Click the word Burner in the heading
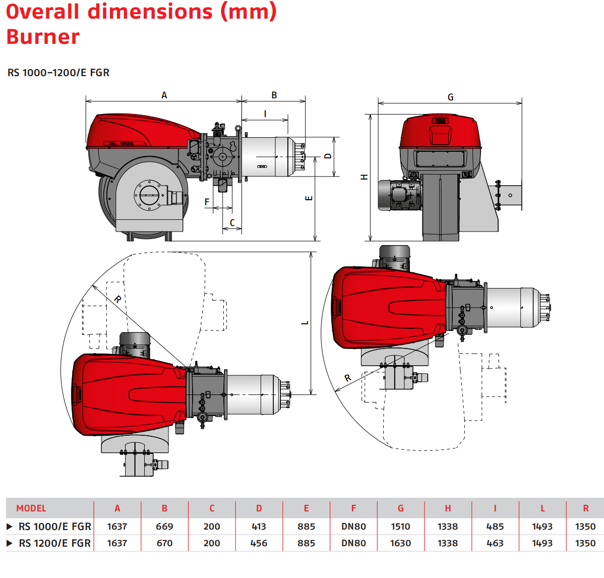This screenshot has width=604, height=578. click(43, 37)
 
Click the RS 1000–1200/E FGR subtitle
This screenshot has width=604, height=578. click(58, 73)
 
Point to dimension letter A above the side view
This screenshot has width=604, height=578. click(164, 95)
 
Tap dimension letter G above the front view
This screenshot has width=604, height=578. click(450, 97)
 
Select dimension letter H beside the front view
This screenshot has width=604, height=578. click(365, 177)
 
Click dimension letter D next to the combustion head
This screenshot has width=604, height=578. click(328, 156)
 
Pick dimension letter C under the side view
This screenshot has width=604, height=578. click(232, 222)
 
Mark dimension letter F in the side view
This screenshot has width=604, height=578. click(207, 202)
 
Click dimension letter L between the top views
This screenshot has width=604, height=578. click(305, 322)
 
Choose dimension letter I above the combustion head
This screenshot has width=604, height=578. click(265, 113)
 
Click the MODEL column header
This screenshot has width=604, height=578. click(31, 508)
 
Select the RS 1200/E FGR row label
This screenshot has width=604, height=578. click(54, 543)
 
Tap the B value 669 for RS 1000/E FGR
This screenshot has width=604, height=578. click(164, 527)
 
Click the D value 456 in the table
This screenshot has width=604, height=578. click(259, 543)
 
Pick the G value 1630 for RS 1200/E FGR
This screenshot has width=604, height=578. click(401, 543)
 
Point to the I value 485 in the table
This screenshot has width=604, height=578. click(495, 527)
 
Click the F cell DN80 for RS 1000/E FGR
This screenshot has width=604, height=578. click(353, 527)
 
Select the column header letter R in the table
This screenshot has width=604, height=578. click(585, 508)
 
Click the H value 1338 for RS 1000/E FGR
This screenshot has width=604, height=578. click(448, 527)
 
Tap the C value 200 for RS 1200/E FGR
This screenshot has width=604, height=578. click(212, 543)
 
